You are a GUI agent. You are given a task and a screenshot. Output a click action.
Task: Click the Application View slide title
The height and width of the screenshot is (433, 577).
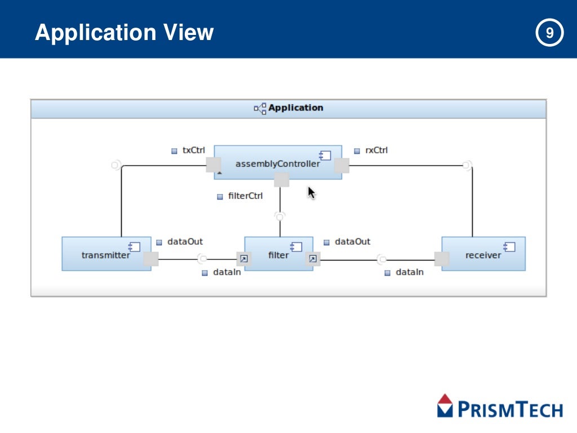point(124,33)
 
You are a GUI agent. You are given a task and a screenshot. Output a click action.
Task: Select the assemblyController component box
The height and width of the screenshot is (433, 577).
point(278,162)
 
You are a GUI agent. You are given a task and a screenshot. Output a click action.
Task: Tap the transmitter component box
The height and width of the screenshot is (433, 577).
point(106,254)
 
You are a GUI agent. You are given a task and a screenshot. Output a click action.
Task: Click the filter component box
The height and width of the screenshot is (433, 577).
point(278,254)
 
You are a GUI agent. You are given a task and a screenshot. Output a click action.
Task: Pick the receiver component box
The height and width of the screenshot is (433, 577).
point(483,254)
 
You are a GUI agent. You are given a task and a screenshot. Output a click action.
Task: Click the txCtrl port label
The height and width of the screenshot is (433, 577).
point(193,151)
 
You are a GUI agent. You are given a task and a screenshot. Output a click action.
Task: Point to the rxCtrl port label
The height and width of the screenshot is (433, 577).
point(376,151)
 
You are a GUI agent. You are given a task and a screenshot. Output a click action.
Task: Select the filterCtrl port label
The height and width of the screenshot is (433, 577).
point(245,196)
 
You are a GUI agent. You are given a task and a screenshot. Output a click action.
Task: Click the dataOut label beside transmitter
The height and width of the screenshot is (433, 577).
point(184,241)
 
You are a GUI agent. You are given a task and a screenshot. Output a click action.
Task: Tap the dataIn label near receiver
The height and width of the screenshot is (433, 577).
point(409,272)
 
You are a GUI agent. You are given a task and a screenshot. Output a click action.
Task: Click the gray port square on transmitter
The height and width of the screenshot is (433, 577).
point(151,259)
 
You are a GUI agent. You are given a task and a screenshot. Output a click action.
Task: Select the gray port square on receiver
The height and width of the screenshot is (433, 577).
point(442,259)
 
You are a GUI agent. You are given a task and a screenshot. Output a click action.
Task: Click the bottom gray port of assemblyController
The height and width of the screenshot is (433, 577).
point(281,180)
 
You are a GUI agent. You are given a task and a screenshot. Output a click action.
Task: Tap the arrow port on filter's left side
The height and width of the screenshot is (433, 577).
point(243,259)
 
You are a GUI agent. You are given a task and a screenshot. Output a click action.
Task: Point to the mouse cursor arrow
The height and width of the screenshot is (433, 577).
point(311,192)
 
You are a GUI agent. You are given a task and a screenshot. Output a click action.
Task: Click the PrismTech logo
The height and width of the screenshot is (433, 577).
point(500,406)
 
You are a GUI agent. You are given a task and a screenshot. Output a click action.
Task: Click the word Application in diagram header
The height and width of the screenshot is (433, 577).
point(295,108)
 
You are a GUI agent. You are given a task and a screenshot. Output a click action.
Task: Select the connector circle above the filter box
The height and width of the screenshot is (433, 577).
point(280,215)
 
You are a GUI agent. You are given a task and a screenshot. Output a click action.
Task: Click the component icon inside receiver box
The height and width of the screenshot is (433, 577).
point(509,246)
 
